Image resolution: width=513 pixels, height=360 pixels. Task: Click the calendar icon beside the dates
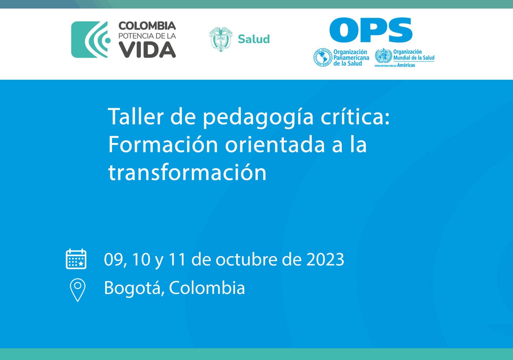click(x=76, y=259)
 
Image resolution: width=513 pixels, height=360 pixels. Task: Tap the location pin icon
click(x=77, y=290)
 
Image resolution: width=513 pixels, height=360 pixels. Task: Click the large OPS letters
click(x=371, y=30)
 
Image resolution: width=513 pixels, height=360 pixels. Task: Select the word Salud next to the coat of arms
click(x=254, y=39)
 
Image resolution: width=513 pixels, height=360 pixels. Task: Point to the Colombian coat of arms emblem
click(x=220, y=39)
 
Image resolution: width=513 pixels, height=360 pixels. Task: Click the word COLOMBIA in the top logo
click(x=147, y=26)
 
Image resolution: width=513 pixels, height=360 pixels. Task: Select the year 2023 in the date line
click(x=325, y=259)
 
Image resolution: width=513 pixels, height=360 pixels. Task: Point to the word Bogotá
click(x=132, y=288)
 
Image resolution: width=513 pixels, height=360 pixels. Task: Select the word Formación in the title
click(x=163, y=144)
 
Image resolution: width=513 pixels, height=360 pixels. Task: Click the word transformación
click(x=187, y=173)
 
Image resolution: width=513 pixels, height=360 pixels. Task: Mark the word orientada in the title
click(x=275, y=144)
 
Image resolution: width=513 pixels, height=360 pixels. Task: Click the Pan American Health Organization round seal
click(x=322, y=57)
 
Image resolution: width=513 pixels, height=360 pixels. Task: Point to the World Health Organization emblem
click(x=383, y=56)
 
